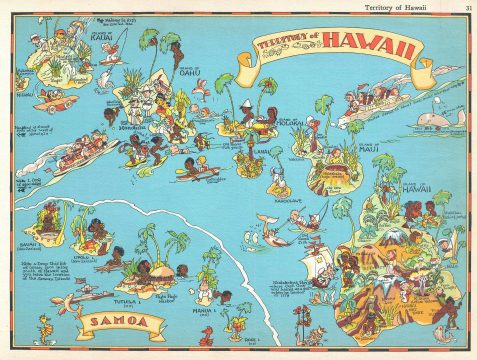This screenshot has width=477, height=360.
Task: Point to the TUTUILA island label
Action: tap(124, 296)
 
